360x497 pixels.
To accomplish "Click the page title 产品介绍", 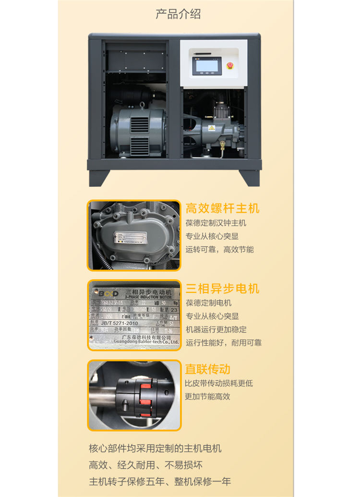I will point(178,14).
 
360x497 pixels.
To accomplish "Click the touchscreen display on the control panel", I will point(207,66).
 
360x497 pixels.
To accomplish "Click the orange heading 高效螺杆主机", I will point(222,208).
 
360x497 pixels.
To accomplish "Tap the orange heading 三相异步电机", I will point(222,288).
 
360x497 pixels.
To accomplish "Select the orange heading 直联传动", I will point(208,369).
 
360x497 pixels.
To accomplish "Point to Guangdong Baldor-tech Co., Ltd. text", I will point(146,342).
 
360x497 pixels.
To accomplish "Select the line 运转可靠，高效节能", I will point(219,249).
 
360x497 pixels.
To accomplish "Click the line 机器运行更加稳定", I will point(216,329).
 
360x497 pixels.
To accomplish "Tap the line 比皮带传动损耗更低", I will point(218,383).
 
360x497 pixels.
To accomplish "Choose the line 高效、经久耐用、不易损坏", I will point(146,465).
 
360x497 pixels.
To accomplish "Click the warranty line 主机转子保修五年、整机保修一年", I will point(160,481).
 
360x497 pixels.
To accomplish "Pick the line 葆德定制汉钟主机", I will point(216,223).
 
